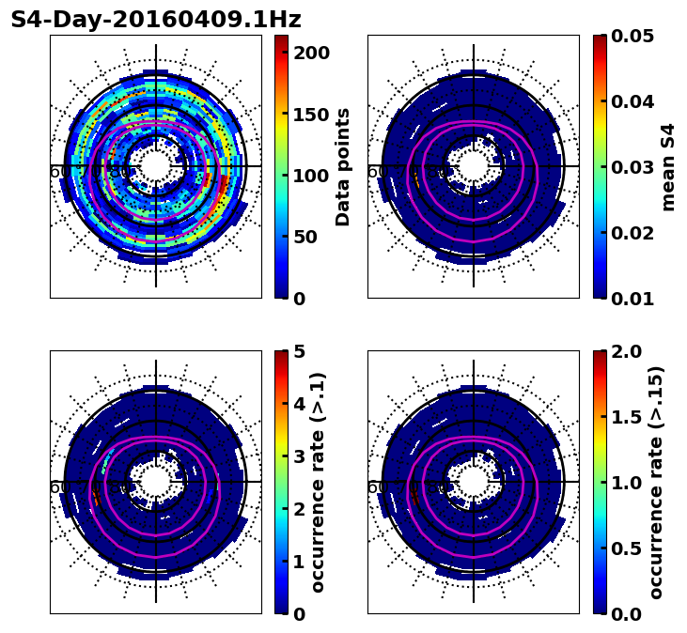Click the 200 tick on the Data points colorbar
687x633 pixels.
click(311, 53)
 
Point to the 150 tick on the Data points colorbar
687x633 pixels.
click(311, 115)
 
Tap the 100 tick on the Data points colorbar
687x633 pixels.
click(311, 176)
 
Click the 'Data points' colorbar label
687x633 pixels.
click(343, 167)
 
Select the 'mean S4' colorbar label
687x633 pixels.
click(668, 167)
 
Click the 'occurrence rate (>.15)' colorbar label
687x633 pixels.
click(656, 483)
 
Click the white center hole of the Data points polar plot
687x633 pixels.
click(156, 166)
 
